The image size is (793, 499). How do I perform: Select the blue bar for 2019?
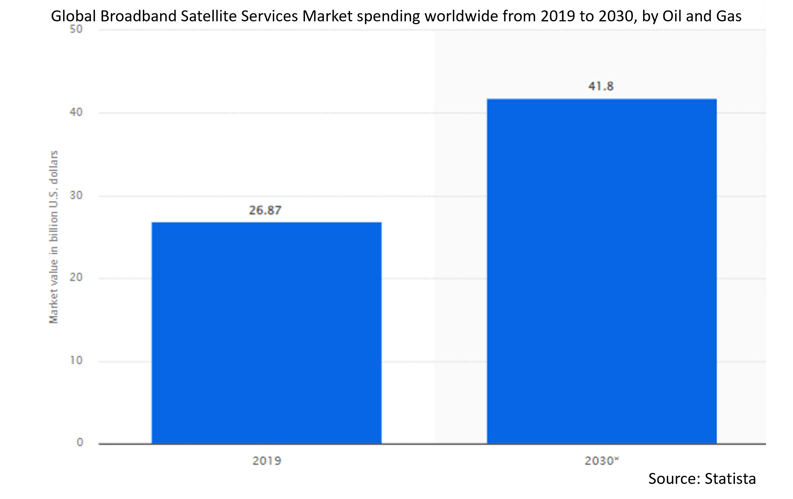[267, 332]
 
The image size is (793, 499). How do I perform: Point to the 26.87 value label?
[265, 210]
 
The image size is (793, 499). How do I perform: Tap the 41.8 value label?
[601, 86]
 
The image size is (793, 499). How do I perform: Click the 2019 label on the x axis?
[267, 460]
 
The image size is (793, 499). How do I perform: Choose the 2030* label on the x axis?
[601, 460]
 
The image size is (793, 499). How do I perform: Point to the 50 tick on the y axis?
[76, 29]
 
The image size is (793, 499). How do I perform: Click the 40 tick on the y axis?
[76, 112]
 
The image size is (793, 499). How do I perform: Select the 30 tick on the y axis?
[76, 195]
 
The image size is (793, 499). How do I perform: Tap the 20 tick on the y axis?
[76, 277]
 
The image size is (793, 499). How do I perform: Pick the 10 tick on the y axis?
[76, 360]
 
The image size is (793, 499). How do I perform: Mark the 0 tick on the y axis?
[80, 442]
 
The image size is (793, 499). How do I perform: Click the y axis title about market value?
[53, 237]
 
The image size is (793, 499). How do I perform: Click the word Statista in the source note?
[730, 478]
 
